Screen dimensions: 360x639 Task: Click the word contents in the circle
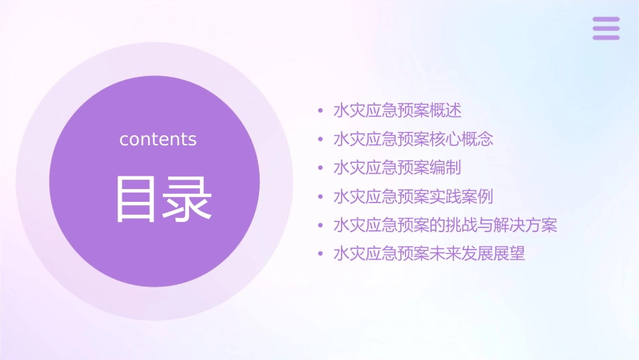(158, 139)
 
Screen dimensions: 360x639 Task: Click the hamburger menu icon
(606, 28)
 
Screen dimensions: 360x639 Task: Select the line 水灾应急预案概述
(397, 110)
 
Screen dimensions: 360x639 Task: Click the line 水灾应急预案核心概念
(413, 139)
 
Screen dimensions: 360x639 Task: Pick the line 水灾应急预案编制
(397, 168)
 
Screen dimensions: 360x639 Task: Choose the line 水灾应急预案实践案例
(413, 196)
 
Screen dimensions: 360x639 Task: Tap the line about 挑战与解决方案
(445, 225)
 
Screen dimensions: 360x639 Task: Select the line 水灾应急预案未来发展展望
(429, 254)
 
